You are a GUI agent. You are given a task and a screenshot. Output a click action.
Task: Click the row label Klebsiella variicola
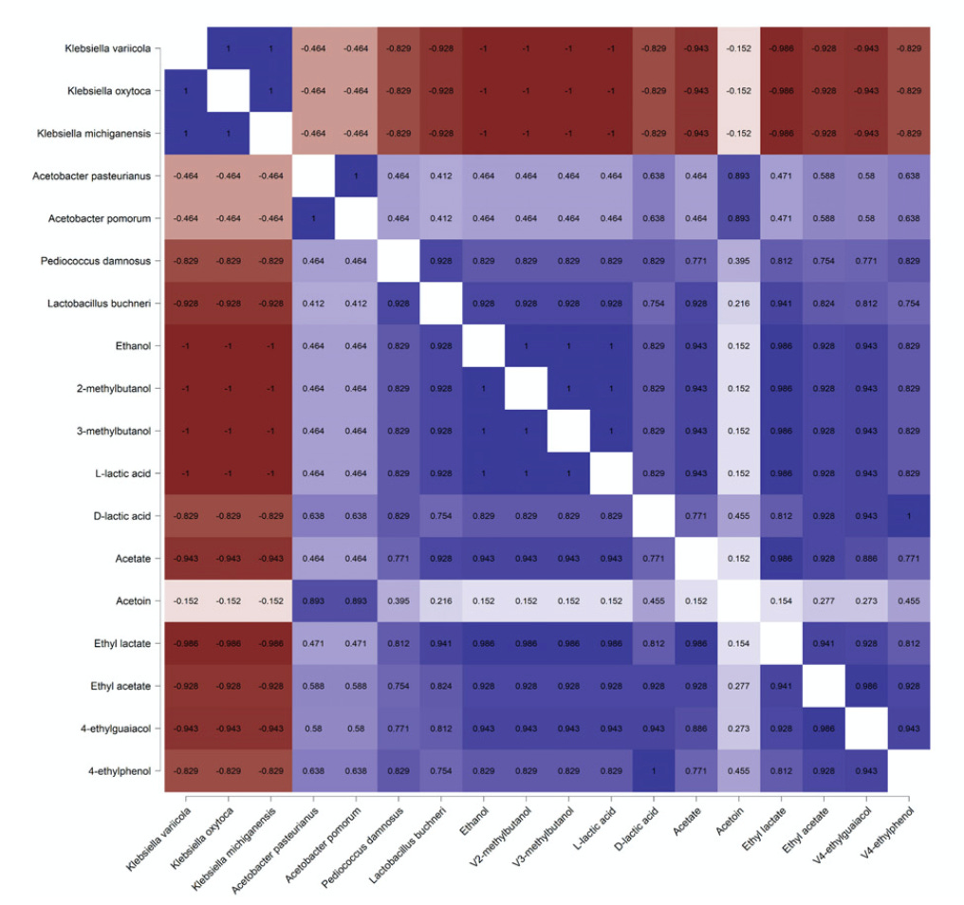(x=108, y=48)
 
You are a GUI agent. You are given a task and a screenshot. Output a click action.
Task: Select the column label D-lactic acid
(x=635, y=825)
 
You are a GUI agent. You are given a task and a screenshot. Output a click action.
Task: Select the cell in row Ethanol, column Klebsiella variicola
(x=185, y=346)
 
